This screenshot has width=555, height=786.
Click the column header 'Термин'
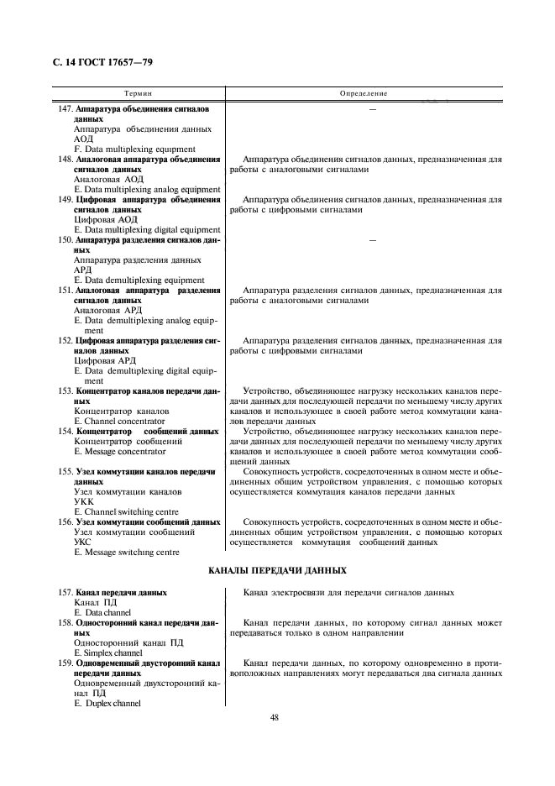[139, 94]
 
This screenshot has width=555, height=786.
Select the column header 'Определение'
[364, 94]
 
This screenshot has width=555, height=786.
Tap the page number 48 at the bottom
[275, 717]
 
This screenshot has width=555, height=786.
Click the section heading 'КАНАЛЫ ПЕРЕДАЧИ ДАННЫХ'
[278, 571]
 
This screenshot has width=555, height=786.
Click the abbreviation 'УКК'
[84, 501]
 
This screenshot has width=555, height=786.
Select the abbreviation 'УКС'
[84, 542]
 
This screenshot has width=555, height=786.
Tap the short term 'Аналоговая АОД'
[109, 179]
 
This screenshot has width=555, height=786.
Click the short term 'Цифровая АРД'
[106, 360]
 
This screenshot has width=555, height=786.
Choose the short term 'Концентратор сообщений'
[128, 441]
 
